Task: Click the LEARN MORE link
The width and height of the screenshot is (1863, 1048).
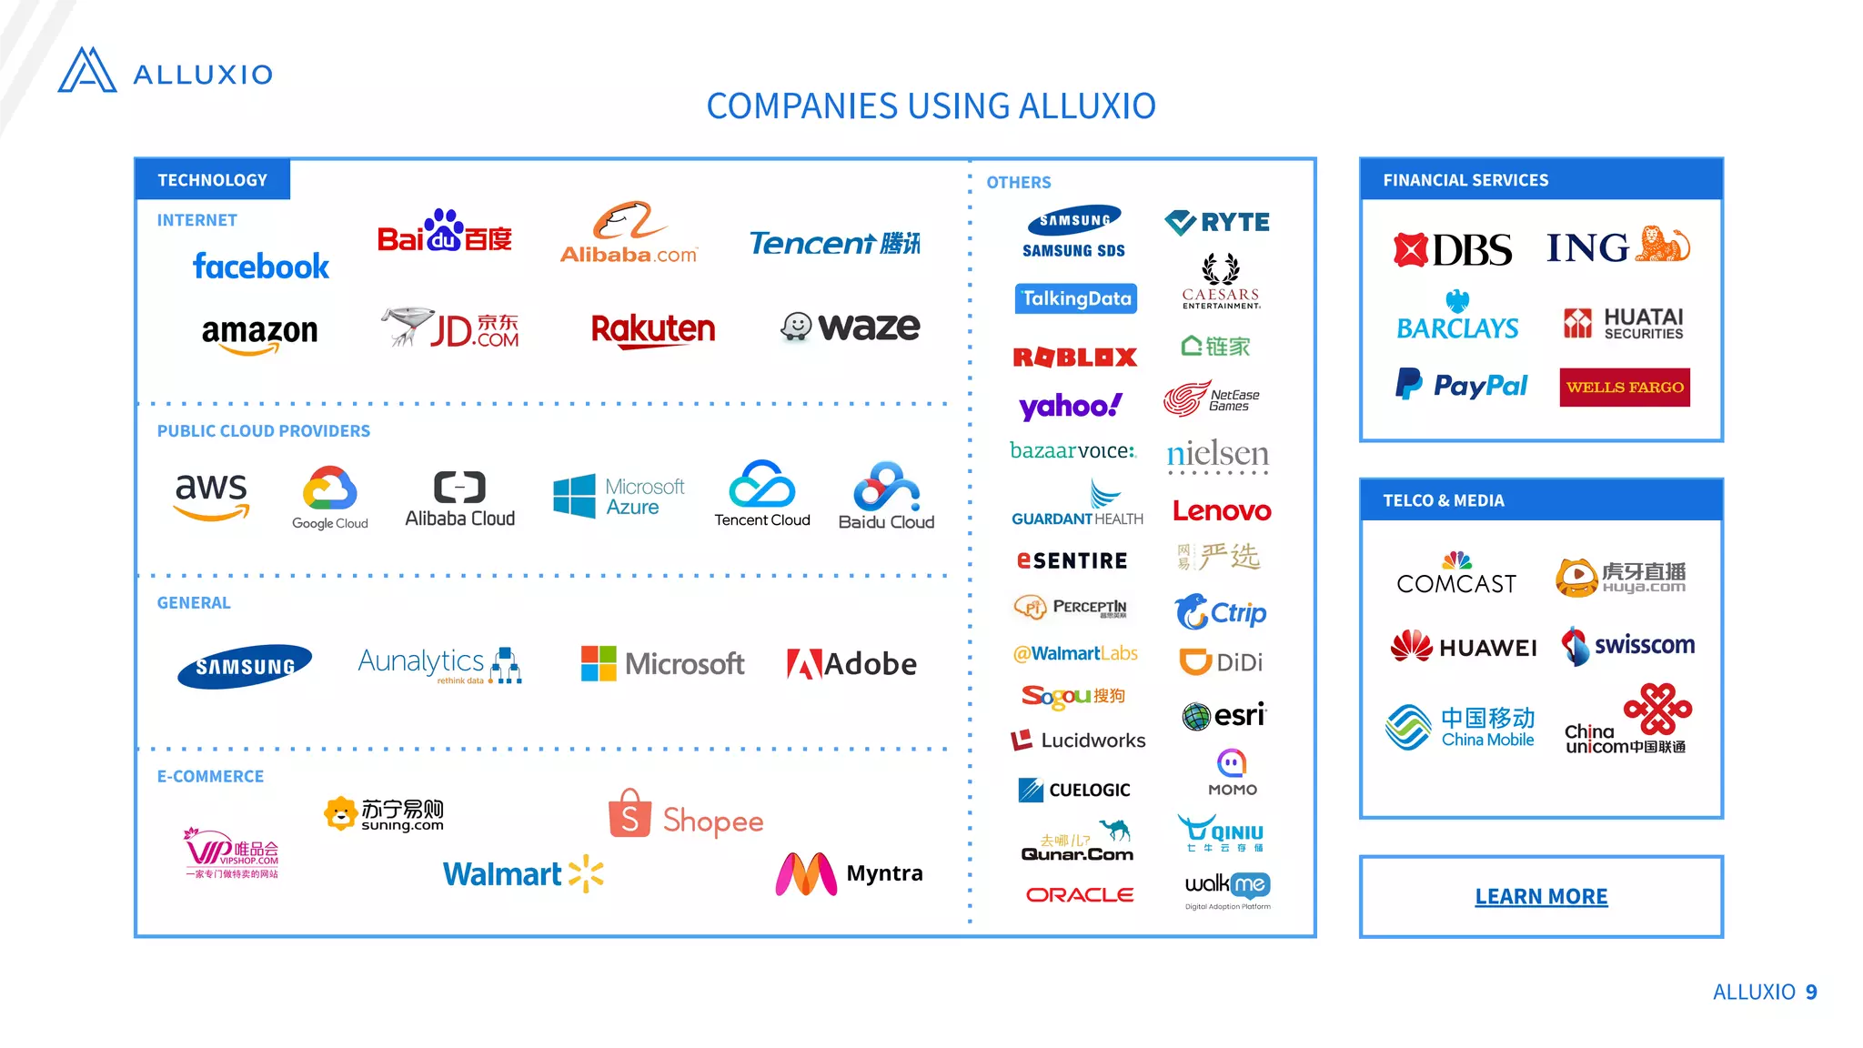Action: (x=1541, y=897)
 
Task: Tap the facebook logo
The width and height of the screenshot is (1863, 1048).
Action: (x=261, y=267)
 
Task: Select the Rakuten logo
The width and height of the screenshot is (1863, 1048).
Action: (x=653, y=329)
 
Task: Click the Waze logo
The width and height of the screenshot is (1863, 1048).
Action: (x=851, y=327)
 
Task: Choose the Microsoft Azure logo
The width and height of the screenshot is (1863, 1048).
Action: (x=619, y=497)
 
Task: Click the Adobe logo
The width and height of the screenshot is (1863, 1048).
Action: (x=851, y=664)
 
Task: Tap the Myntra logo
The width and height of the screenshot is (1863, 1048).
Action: (x=849, y=874)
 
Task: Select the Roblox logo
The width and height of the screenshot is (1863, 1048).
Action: (x=1075, y=358)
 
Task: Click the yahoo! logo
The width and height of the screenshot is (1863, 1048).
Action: (x=1071, y=406)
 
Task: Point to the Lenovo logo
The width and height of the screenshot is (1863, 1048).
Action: (x=1222, y=511)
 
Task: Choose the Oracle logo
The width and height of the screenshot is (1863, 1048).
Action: (x=1080, y=895)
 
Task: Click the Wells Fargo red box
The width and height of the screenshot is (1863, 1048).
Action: (x=1625, y=388)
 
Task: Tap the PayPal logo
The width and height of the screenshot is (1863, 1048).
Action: (x=1461, y=386)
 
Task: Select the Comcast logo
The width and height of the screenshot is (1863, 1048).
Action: (x=1456, y=575)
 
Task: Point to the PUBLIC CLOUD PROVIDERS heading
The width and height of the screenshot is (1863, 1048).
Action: (x=264, y=431)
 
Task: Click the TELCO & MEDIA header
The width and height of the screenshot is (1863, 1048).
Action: (x=1444, y=500)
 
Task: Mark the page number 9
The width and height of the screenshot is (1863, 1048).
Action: (x=1811, y=992)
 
